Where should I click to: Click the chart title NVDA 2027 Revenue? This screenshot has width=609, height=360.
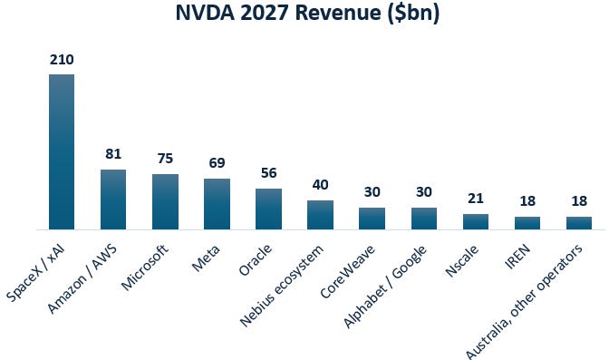[307, 14]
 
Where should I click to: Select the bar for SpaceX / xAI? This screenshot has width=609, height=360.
[62, 151]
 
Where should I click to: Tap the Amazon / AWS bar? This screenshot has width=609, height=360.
[113, 199]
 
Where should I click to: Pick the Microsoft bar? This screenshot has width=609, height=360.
[165, 202]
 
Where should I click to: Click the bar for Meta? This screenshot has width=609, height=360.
[217, 204]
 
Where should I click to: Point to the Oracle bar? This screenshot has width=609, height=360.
[268, 209]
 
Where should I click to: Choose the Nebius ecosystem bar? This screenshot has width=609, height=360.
[320, 215]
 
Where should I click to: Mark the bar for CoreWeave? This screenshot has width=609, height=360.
[372, 219]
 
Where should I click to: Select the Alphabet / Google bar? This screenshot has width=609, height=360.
[424, 219]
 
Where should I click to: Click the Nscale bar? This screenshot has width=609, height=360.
[476, 221]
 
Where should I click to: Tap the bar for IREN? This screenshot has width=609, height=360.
[527, 223]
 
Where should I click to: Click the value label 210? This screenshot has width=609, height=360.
[62, 60]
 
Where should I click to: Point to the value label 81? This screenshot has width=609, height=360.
[113, 154]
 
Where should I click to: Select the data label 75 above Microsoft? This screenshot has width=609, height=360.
[165, 159]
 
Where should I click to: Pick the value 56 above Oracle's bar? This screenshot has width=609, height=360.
[269, 173]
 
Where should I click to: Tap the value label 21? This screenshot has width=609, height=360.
[476, 199]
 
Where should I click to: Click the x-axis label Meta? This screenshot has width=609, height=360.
[206, 258]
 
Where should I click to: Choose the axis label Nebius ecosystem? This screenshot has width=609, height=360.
[282, 286]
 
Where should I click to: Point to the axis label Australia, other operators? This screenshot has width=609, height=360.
[525, 302]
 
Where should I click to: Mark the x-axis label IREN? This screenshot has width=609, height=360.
[517, 257]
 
